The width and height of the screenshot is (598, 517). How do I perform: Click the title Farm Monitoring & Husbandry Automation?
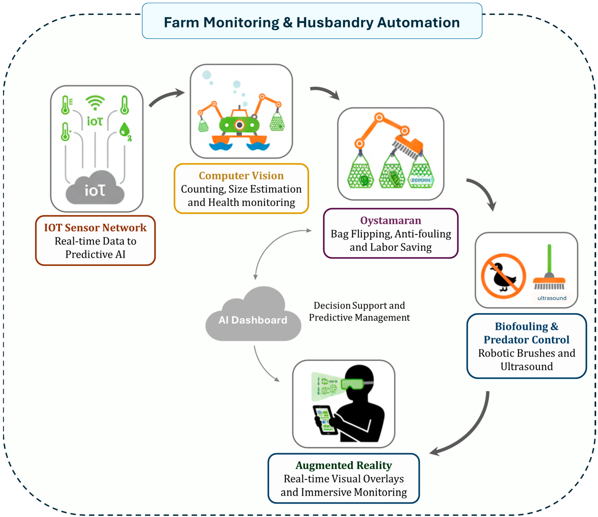(312, 22)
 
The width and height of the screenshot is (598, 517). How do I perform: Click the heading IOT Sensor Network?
(95, 228)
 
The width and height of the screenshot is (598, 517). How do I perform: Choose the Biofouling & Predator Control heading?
(526, 333)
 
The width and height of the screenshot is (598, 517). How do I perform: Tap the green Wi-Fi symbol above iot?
(95, 103)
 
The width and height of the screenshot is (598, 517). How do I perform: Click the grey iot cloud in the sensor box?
(95, 189)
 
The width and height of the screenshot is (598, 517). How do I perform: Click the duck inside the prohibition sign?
(504, 277)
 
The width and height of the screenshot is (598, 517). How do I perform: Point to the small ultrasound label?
(552, 298)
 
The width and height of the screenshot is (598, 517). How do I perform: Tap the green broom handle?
(549, 258)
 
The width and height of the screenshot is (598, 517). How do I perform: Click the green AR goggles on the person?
(352, 384)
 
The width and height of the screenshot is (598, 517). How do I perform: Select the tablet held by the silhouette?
(325, 420)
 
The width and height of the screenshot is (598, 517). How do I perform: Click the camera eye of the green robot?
(239, 125)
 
